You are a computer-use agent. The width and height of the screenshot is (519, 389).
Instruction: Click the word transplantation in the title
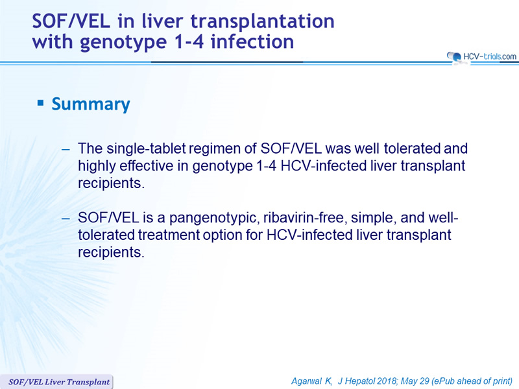pos(262,21)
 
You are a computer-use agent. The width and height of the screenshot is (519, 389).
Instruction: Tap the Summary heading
pos(91,104)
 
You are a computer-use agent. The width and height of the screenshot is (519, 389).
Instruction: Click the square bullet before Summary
pos(40,103)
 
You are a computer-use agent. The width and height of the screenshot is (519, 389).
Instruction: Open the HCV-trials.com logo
pos(481,57)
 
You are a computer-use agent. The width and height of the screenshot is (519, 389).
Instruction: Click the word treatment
pos(169,235)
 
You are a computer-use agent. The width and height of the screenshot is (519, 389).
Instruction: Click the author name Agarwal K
pos(311,381)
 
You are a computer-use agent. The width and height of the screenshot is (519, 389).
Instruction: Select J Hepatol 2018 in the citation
pos(367,381)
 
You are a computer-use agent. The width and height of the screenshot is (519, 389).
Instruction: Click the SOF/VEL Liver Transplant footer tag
pos(58,382)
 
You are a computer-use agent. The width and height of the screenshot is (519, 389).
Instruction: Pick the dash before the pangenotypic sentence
pos(66,218)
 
